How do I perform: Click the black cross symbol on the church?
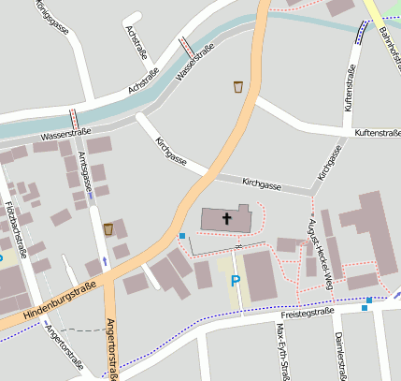tap(226, 219)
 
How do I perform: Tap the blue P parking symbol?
tap(236, 280)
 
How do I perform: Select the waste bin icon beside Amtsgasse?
tap(109, 228)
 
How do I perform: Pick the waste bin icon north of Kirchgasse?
tap(239, 87)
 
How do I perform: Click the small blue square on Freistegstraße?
tap(368, 300)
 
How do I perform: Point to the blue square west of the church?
tap(181, 236)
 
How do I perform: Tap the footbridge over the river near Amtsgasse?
tap(73, 119)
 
